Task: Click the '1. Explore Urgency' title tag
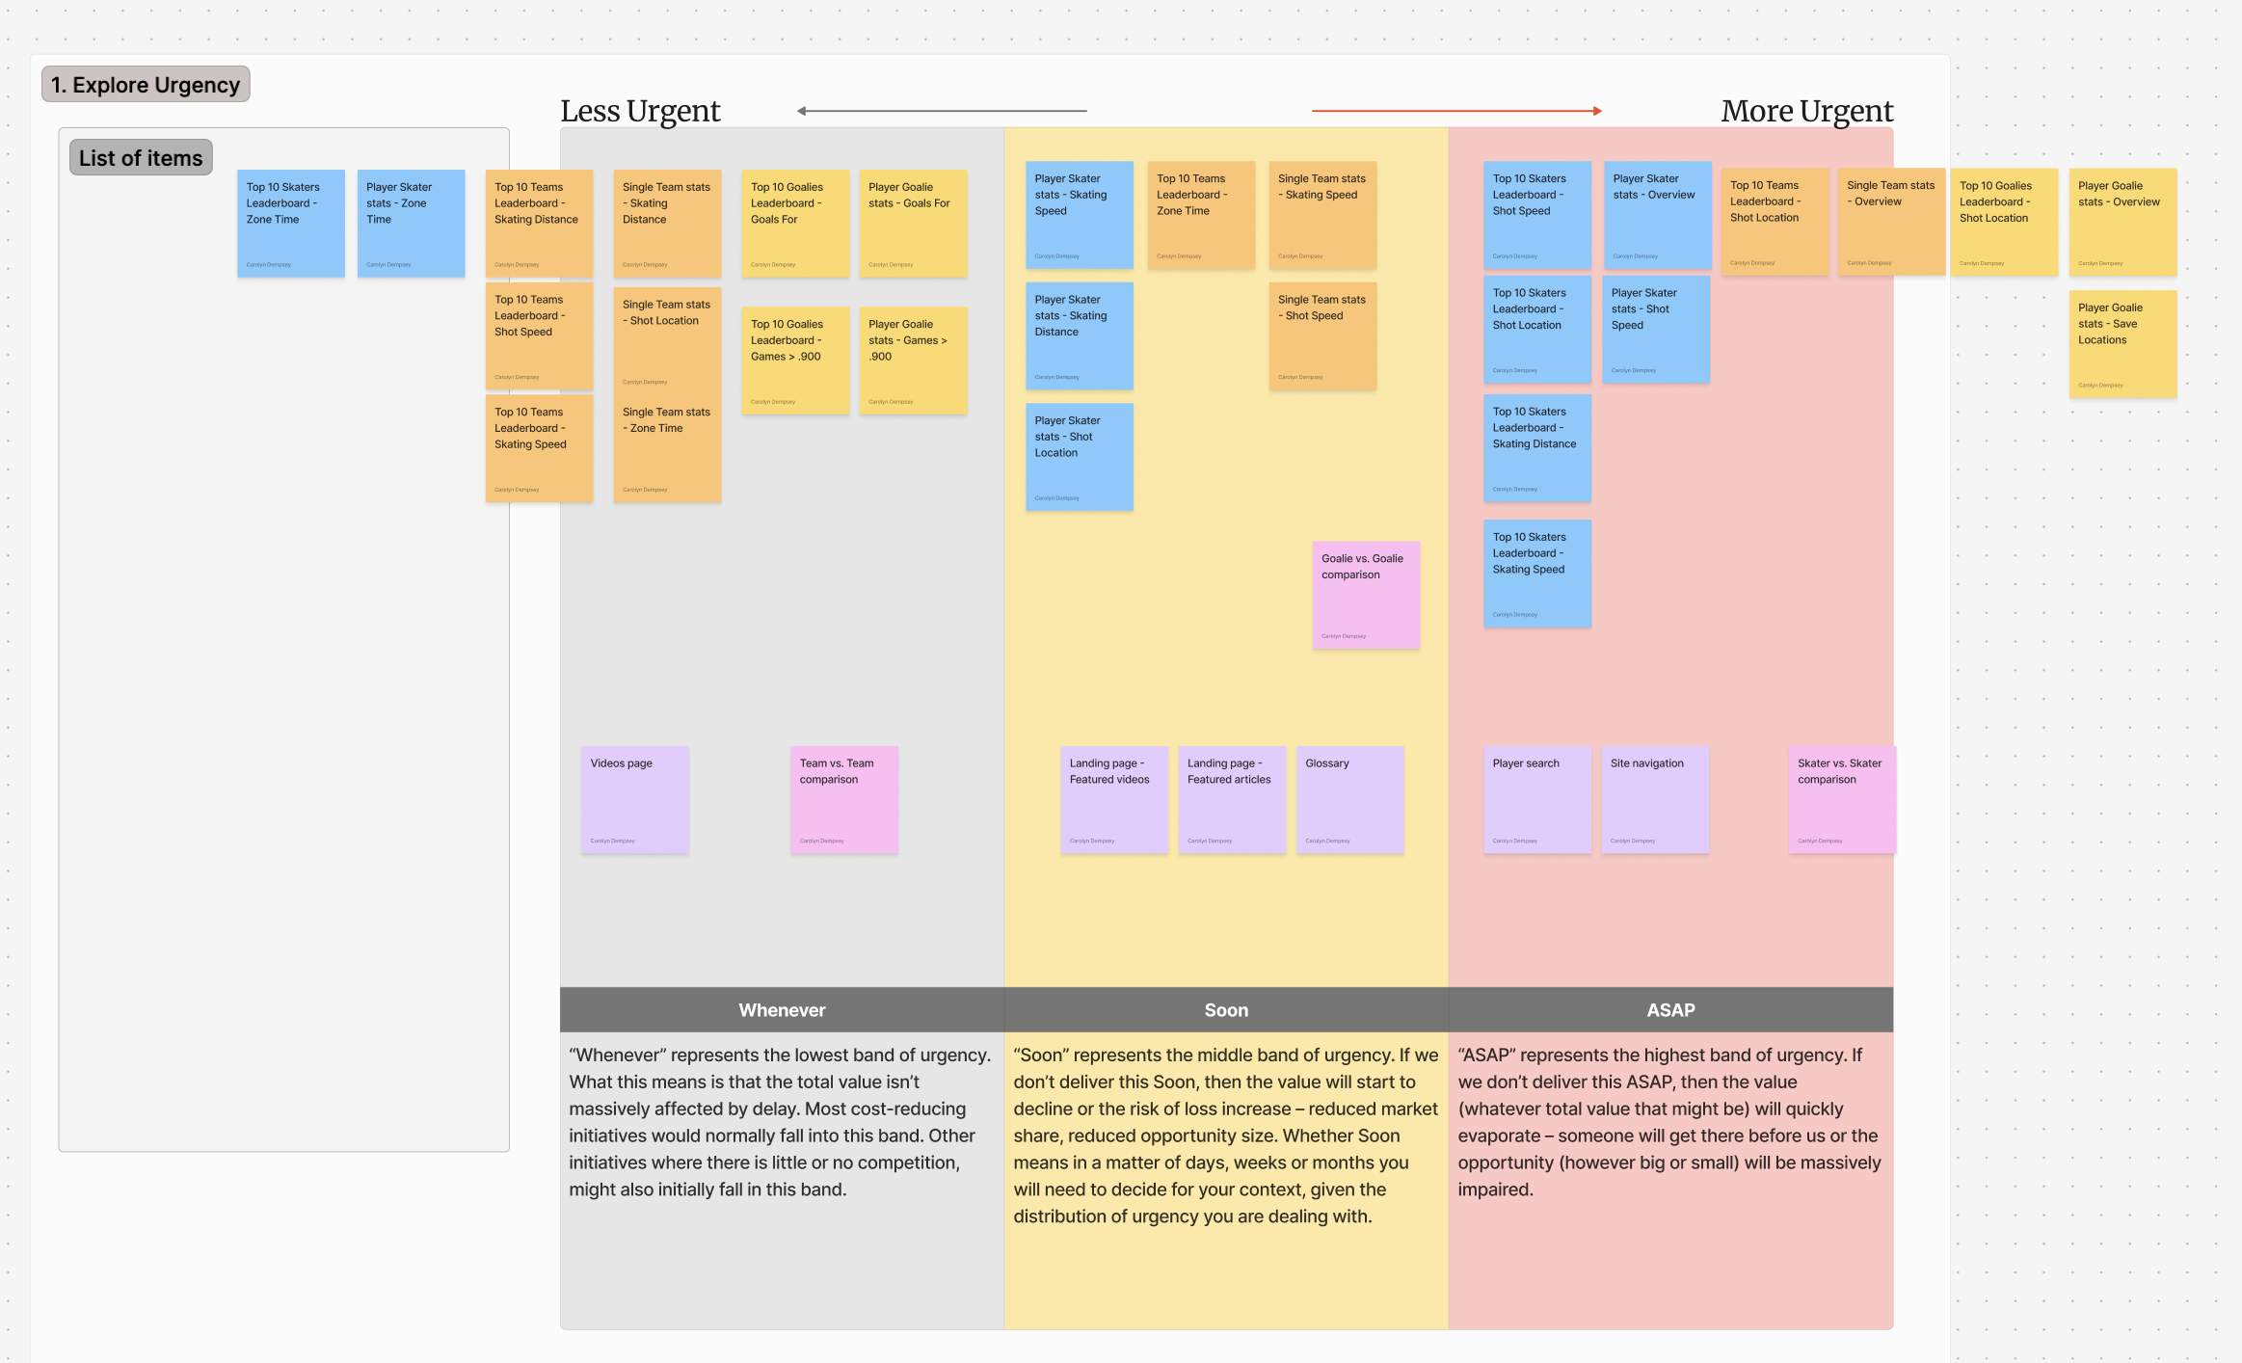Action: [x=146, y=85]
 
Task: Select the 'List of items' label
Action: [x=141, y=158]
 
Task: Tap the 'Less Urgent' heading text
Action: [x=640, y=111]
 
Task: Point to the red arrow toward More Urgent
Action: [x=1455, y=111]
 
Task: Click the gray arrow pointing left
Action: [x=942, y=111]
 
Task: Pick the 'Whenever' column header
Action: [x=782, y=1010]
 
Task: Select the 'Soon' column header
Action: [x=1226, y=1010]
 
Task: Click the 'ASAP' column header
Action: [x=1670, y=1010]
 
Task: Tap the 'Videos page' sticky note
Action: [x=634, y=799]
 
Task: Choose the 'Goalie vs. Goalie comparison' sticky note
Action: [x=1365, y=595]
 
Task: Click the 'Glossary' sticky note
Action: [x=1349, y=799]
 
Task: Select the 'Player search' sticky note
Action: [x=1536, y=799]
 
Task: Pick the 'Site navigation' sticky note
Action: [x=1654, y=799]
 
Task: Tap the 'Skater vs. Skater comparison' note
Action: [x=1841, y=799]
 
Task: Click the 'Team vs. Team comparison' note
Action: [x=843, y=799]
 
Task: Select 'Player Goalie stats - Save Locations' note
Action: [x=2122, y=344]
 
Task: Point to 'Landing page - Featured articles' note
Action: [x=1231, y=799]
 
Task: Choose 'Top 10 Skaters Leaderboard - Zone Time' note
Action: [x=290, y=224]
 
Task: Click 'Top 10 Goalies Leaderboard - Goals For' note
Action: [x=794, y=224]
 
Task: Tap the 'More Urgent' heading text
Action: [x=1806, y=111]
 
